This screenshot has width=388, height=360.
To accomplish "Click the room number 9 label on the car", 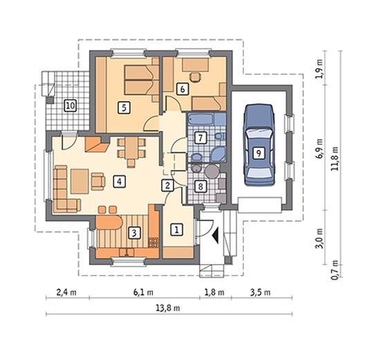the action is (x=258, y=154).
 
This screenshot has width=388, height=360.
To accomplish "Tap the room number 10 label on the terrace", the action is (x=71, y=106).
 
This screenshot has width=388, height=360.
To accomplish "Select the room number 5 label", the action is (x=124, y=108).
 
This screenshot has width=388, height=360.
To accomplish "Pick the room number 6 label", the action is (x=183, y=89).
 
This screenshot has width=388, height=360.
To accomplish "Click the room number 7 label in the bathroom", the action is (x=201, y=137).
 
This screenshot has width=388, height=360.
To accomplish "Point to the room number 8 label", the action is (x=201, y=186).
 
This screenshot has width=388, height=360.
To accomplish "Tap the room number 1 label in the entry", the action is (x=176, y=230).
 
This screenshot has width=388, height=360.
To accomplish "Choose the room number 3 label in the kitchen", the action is (x=134, y=233).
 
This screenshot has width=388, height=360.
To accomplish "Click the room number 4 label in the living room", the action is (x=119, y=181).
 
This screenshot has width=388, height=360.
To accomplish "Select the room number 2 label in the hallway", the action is (x=167, y=185).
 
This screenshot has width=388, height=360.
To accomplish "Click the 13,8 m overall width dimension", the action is (x=168, y=308).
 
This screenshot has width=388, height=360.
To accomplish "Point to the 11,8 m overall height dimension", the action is (x=335, y=159).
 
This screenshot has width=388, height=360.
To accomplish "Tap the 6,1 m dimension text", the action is (x=143, y=292).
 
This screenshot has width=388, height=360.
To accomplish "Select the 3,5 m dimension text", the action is (x=260, y=292).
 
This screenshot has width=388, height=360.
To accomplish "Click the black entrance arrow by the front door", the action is (x=216, y=235).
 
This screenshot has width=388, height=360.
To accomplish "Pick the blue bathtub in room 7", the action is (x=201, y=119).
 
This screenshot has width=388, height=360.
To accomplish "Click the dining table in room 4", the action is (x=131, y=148).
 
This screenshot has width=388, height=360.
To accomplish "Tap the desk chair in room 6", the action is (x=195, y=76).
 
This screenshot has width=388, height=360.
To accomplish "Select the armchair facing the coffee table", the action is (x=98, y=181).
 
